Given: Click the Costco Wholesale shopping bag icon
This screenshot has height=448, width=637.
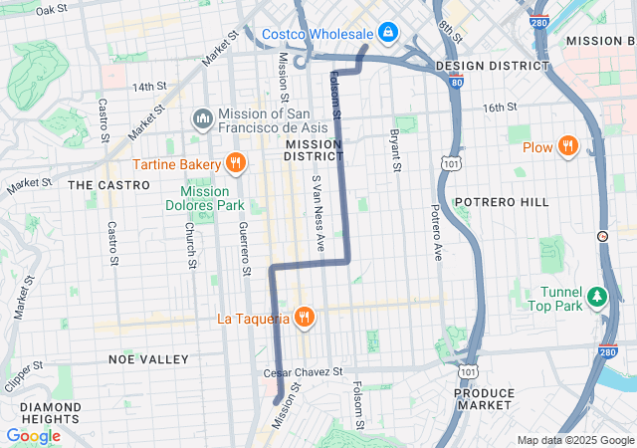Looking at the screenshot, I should coord(386,34).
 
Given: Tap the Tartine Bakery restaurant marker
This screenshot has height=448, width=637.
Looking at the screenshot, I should coord(234,163).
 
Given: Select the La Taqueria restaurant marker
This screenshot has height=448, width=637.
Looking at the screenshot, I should coord(305,319).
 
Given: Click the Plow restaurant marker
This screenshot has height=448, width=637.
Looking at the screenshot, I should coord(567,147).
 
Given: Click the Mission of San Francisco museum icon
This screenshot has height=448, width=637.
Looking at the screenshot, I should coord(203,120).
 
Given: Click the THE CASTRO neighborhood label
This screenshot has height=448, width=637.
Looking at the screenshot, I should coord(108,185).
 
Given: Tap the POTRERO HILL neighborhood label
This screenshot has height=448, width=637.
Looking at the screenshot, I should coord(502,202).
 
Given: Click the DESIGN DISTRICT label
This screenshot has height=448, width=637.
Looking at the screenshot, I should coord(492,66).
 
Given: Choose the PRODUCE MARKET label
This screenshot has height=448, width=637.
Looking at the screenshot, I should coord(484,399).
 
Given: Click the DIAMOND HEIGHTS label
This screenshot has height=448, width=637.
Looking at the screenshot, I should coord(51,413).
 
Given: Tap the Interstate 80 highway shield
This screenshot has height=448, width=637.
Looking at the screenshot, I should coord(455,84).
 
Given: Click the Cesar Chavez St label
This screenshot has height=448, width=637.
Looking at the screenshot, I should coord(303,371).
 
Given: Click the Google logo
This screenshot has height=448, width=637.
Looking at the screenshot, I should coord(34,436).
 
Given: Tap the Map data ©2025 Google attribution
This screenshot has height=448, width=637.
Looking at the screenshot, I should coord(575,441).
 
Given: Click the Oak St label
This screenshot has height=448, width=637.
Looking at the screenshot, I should coord(51,10).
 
